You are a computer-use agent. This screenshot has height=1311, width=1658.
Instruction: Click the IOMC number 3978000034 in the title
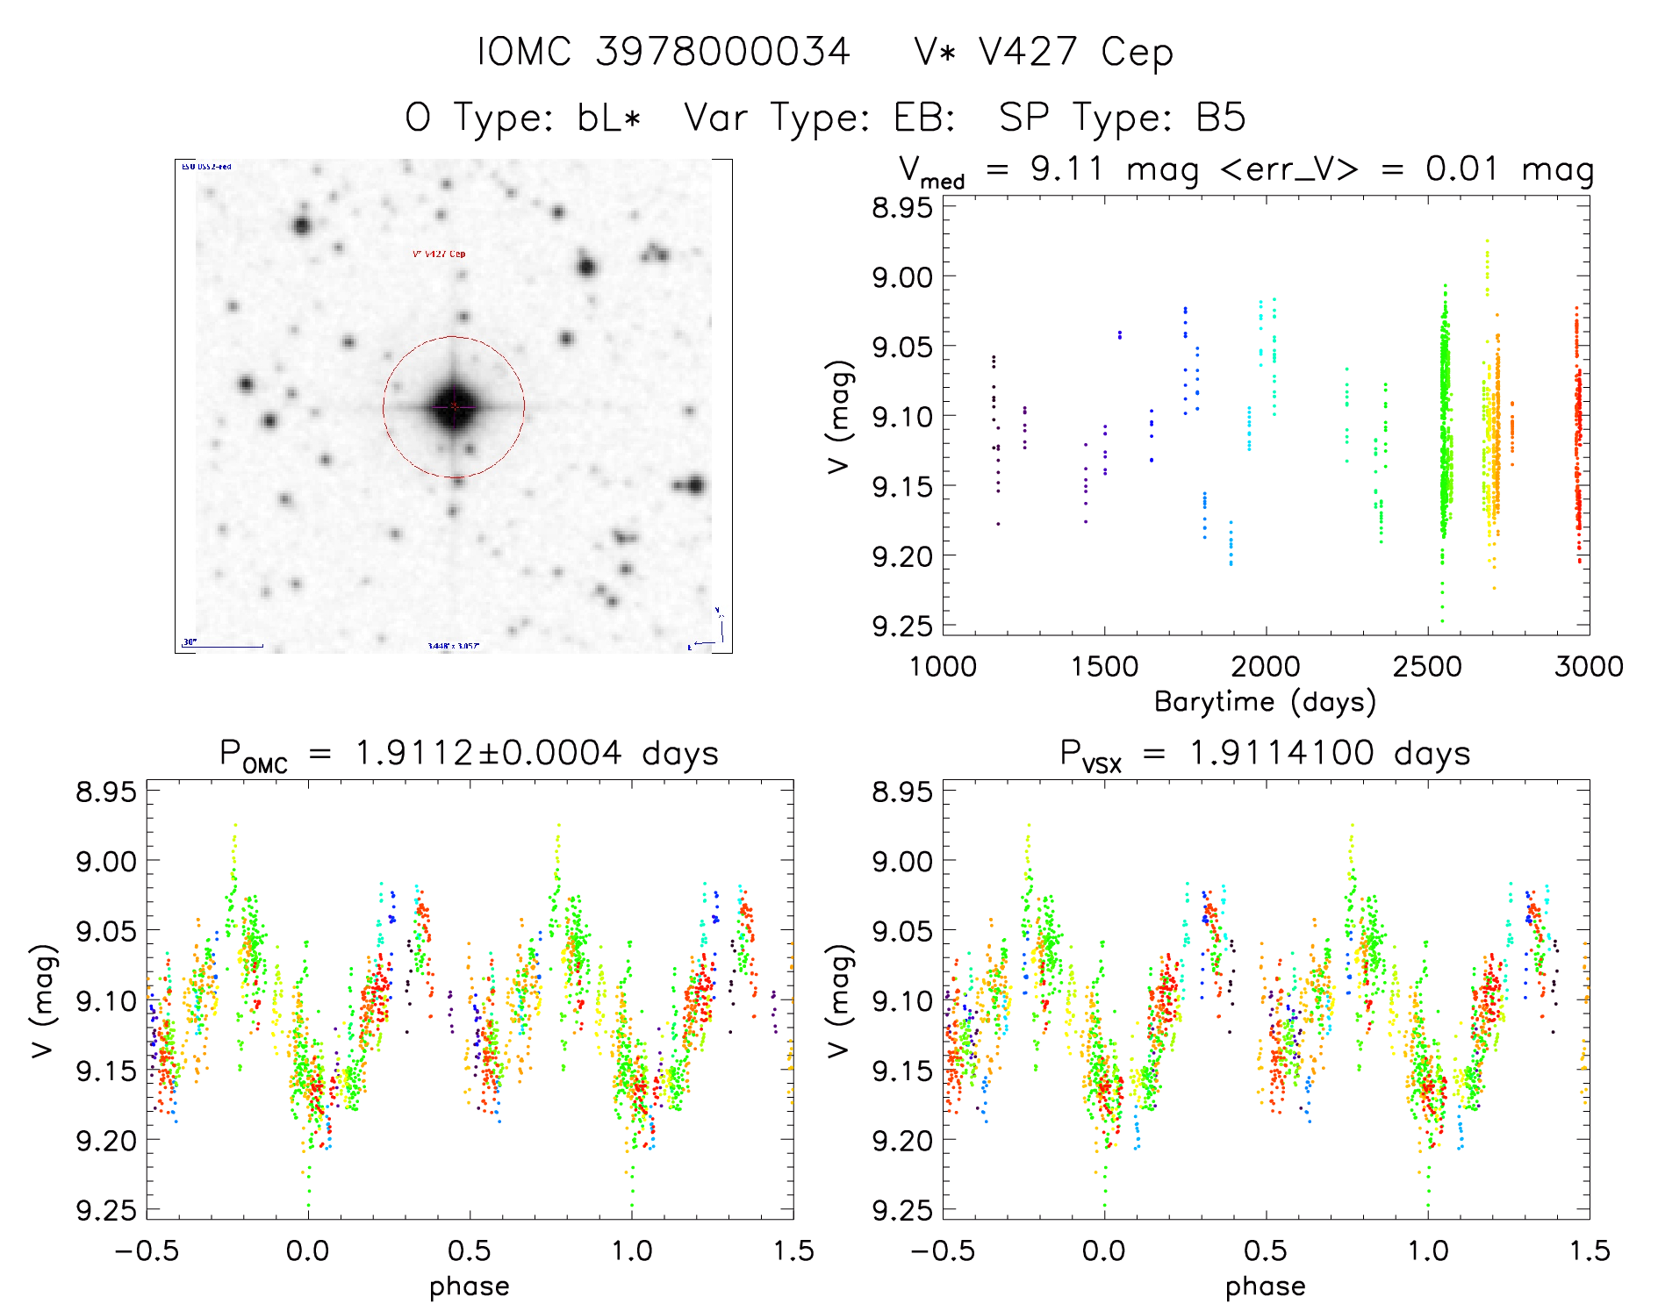point(722,52)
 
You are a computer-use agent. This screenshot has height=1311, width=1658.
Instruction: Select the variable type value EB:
point(923,118)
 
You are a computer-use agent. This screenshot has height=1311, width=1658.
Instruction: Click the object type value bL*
point(610,118)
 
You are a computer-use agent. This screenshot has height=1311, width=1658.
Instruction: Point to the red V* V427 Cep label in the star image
point(439,254)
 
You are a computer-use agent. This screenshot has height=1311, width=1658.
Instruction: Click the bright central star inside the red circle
point(454,406)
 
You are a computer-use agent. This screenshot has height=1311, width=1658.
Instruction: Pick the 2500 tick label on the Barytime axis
point(1427,666)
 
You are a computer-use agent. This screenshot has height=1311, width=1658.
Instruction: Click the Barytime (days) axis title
point(1265,702)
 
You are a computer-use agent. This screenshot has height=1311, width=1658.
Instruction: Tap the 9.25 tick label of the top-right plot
point(901,626)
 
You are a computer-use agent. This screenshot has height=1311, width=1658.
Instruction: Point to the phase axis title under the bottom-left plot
point(470,1286)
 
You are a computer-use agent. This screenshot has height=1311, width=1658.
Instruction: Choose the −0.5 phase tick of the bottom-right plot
point(942,1250)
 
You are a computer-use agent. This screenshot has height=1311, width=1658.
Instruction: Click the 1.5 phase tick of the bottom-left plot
point(793,1250)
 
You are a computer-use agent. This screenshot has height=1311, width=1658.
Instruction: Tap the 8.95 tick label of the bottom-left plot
point(106,792)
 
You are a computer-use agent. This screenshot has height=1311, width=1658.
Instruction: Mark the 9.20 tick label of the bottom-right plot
point(901,1141)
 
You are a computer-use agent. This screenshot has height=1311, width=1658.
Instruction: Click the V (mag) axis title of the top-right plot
point(839,417)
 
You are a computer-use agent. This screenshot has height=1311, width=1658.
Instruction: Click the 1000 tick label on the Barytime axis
point(943,666)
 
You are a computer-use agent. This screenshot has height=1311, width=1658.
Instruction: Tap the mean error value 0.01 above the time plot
point(1461,168)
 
